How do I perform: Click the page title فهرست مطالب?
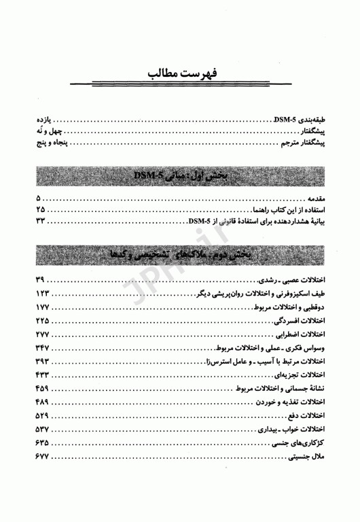tap(180, 73)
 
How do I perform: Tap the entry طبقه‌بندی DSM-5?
tap(301, 119)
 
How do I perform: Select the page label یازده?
tap(45, 119)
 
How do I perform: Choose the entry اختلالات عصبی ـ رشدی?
tap(296, 280)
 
